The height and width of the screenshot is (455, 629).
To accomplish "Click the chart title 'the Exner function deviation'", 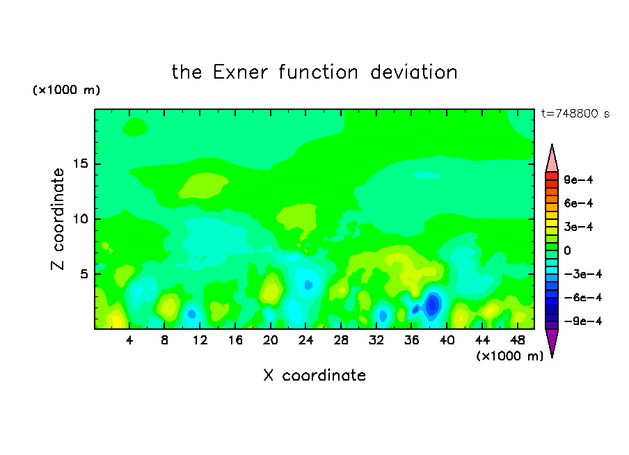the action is click(x=314, y=72).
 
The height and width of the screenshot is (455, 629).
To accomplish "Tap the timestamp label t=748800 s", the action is click(x=575, y=113).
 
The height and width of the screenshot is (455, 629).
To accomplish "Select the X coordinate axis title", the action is click(x=314, y=375).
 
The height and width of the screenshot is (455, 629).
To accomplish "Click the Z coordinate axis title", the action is click(x=58, y=218).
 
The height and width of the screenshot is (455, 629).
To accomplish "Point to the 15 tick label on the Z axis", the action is click(x=81, y=163).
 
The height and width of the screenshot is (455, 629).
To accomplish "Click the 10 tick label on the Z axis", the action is click(x=81, y=218).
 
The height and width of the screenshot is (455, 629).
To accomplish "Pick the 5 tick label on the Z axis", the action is click(x=83, y=274).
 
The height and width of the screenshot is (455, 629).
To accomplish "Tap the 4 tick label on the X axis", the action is click(x=129, y=340).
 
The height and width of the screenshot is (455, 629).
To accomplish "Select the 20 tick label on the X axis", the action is click(x=271, y=340).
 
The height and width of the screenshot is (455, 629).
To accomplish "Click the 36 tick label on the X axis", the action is click(x=412, y=340).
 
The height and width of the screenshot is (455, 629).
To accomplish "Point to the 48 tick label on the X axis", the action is click(x=518, y=340).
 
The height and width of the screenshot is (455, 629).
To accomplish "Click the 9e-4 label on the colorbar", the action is click(x=578, y=179).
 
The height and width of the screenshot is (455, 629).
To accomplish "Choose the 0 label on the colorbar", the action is click(x=567, y=250).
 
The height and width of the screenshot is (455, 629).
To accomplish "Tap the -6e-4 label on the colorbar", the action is click(x=583, y=298).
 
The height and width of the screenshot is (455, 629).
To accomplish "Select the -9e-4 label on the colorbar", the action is click(x=583, y=321).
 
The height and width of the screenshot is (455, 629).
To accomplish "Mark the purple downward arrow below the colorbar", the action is click(x=552, y=342).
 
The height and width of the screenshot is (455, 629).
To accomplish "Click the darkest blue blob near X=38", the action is click(x=433, y=305).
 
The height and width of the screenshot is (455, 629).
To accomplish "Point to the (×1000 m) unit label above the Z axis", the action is click(x=66, y=90).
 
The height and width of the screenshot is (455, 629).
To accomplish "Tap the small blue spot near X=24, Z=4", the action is click(x=308, y=285).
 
